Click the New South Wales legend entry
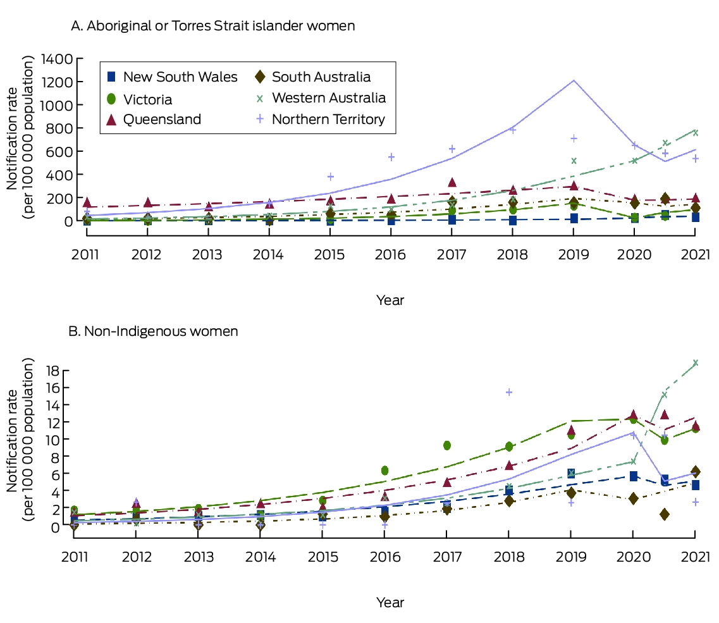click(x=173, y=77)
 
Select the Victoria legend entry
click(x=139, y=99)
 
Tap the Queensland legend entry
click(x=154, y=120)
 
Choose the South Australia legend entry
click(x=313, y=77)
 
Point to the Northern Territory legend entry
click(x=320, y=120)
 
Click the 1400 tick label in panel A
click(x=57, y=59)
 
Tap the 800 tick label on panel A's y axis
click(x=59, y=128)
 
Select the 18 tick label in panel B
click(x=53, y=370)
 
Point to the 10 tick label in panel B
click(x=53, y=439)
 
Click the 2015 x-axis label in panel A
click(x=329, y=255)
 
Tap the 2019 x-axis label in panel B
click(x=572, y=557)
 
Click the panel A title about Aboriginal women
click(x=212, y=26)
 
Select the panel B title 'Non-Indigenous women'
click(x=153, y=331)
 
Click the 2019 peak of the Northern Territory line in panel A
click(x=574, y=81)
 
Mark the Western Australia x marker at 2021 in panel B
click(x=696, y=363)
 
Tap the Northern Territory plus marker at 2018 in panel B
click(x=509, y=392)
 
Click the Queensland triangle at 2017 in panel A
click(x=452, y=183)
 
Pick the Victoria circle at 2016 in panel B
click(x=384, y=470)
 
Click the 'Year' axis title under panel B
click(x=390, y=602)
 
